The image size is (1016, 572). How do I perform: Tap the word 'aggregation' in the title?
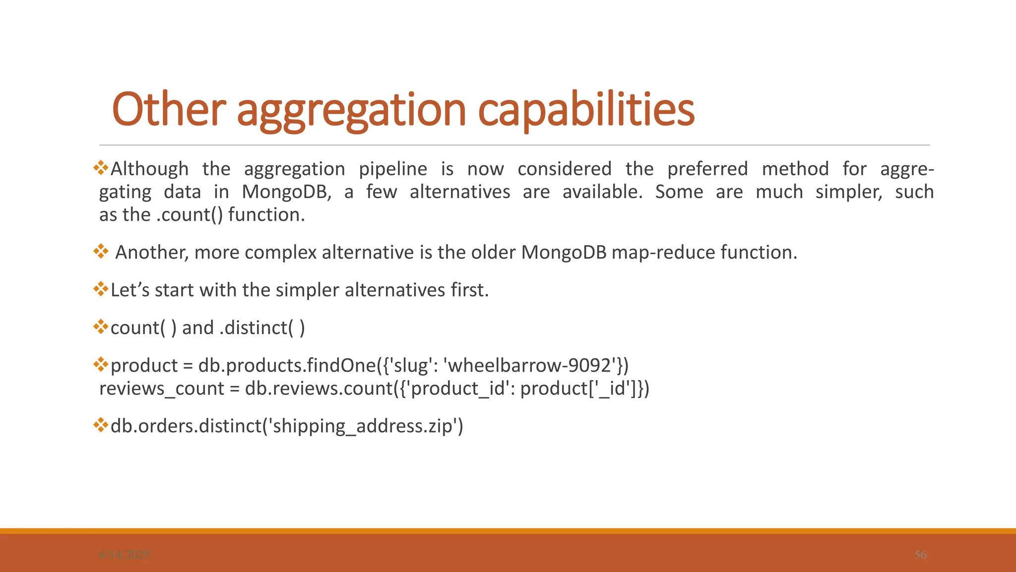[x=351, y=110]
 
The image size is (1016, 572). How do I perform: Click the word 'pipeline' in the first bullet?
[x=392, y=169]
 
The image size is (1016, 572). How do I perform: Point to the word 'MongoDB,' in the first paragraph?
[x=286, y=192]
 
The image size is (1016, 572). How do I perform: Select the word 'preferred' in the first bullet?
[x=707, y=169]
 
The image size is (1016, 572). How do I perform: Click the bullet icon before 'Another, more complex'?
[x=101, y=251]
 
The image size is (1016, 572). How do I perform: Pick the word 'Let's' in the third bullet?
[x=130, y=290]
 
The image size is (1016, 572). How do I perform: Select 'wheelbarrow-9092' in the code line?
[x=532, y=365]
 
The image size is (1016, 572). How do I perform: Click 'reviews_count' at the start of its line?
[x=162, y=388]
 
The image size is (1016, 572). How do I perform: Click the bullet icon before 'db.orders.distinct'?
[x=101, y=425]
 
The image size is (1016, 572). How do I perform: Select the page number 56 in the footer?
[x=920, y=555]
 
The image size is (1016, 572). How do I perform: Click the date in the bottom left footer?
[x=125, y=555]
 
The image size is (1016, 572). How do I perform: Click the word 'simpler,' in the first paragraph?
[x=849, y=192]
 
